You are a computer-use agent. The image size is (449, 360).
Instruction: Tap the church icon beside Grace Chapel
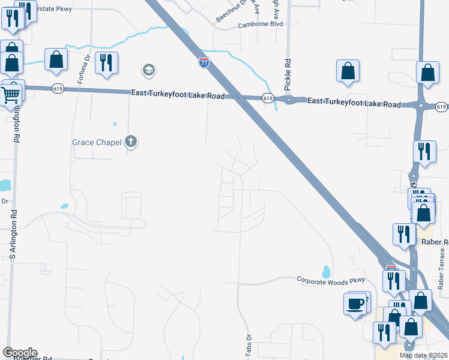pyautogui.click(x=131, y=142)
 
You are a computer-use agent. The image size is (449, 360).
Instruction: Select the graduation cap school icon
pyautogui.click(x=148, y=71)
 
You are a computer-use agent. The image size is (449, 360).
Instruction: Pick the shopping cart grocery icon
pyautogui.click(x=10, y=95)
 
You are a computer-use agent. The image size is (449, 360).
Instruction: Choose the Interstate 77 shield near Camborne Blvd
pyautogui.click(x=204, y=62)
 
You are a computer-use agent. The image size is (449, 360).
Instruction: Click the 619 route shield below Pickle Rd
pyautogui.click(x=268, y=98)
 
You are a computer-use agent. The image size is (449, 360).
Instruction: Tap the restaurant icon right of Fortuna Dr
pyautogui.click(x=106, y=62)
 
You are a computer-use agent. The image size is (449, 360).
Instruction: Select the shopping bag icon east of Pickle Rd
pyautogui.click(x=348, y=70)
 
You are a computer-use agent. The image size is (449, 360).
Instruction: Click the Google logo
pyautogui.click(x=20, y=353)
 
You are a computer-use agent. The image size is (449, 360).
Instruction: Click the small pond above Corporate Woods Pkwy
pyautogui.click(x=326, y=271)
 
